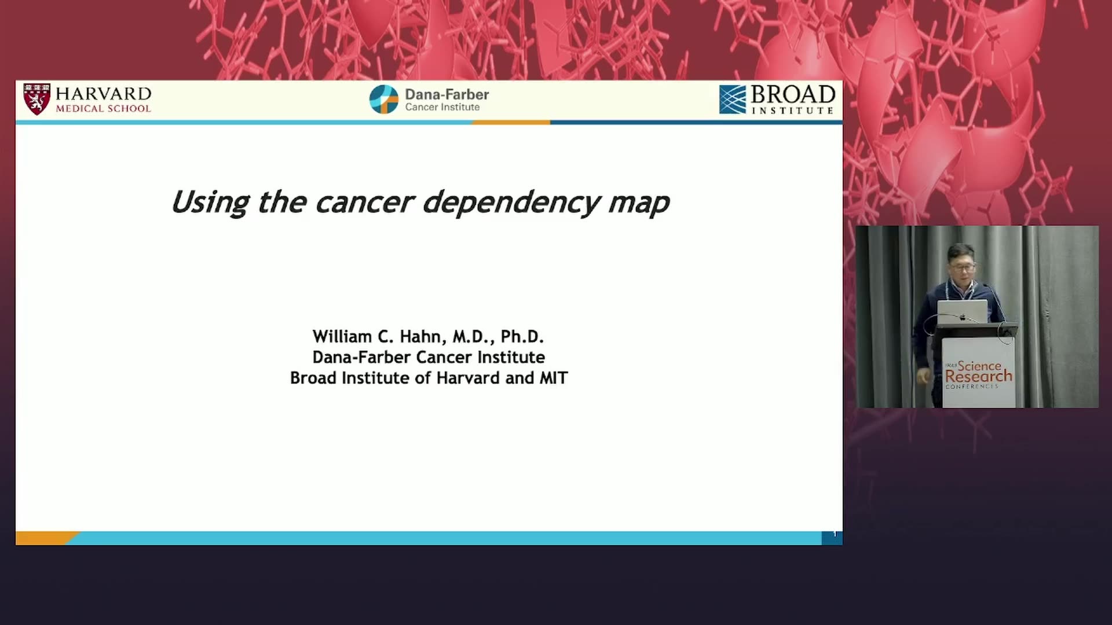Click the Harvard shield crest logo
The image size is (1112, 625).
(x=37, y=99)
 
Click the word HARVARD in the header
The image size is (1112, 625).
(x=104, y=94)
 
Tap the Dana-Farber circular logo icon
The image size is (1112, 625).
(x=384, y=100)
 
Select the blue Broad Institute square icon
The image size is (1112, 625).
(x=733, y=100)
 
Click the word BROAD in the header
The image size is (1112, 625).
(x=793, y=94)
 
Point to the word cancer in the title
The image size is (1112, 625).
(x=365, y=203)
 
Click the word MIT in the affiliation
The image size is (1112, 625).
(x=554, y=378)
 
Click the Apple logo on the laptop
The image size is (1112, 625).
(x=963, y=317)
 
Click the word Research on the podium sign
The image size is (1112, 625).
(x=978, y=376)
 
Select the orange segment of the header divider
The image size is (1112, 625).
(x=511, y=123)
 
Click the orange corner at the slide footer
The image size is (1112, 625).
(x=43, y=538)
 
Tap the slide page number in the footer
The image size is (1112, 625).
(x=834, y=534)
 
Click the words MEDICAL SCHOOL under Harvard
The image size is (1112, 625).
(x=103, y=108)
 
